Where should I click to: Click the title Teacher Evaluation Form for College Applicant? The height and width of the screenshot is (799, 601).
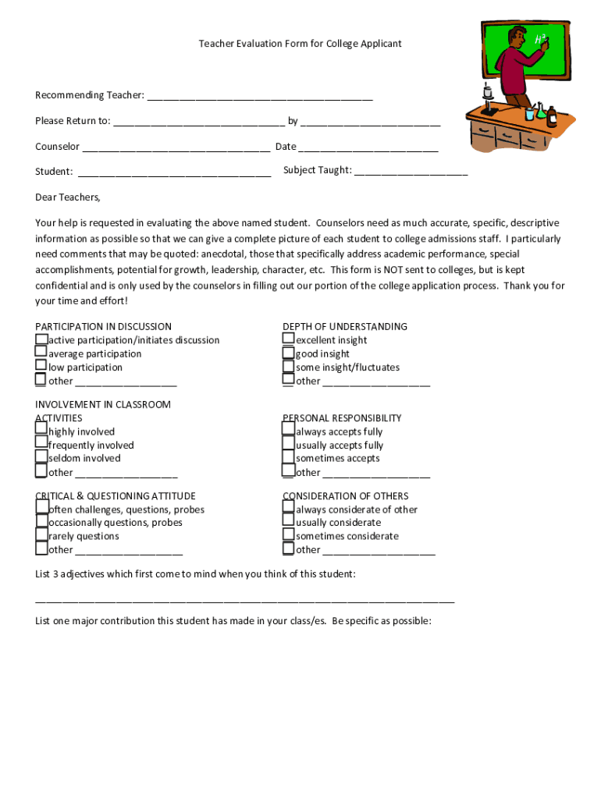pos(300,44)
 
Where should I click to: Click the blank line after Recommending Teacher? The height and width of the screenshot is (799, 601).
pos(260,97)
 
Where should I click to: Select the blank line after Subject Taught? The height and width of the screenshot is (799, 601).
pos(411,172)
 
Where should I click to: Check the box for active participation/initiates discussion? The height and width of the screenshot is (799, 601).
pos(41,339)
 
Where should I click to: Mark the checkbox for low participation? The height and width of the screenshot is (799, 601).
pos(41,366)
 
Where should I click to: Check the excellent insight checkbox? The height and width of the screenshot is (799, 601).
pos(289,339)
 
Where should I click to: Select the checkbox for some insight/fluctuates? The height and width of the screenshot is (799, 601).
pos(289,367)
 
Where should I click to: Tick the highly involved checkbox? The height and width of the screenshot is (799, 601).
pos(41,430)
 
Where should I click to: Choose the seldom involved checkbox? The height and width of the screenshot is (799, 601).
pos(41,457)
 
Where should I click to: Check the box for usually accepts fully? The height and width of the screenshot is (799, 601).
pos(289,444)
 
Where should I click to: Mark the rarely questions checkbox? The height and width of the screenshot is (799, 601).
pos(41,535)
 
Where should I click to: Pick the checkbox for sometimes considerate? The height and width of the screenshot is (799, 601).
pos(289,535)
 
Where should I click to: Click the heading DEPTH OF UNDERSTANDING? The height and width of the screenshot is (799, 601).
pos(345,326)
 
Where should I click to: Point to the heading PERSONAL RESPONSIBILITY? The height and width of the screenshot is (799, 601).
pos(342,418)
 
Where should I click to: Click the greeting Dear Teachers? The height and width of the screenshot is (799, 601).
pos(68,197)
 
